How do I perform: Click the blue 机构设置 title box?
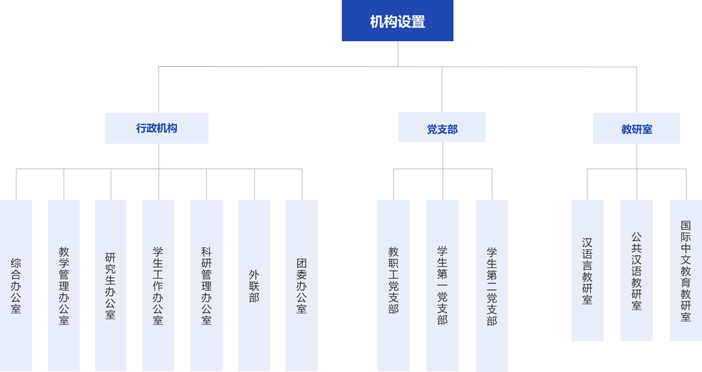(397, 21)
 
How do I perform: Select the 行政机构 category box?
(156, 128)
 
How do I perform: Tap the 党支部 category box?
(441, 128)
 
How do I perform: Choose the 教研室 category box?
(636, 128)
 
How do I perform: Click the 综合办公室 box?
(16, 285)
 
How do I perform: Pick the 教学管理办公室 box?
(64, 285)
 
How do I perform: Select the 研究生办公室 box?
(111, 285)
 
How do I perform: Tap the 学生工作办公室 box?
(158, 285)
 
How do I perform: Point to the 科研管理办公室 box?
(206, 285)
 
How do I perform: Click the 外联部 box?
(254, 285)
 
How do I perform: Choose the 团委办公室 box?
(301, 285)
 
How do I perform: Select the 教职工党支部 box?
(393, 285)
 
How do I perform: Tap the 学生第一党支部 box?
(442, 285)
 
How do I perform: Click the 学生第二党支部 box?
(491, 285)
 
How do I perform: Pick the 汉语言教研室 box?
(587, 270)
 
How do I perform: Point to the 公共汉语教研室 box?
(636, 270)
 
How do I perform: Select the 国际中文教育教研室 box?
(685, 270)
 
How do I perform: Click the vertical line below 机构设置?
(398, 54)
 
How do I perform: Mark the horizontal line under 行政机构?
(159, 169)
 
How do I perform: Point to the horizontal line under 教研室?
(636, 169)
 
